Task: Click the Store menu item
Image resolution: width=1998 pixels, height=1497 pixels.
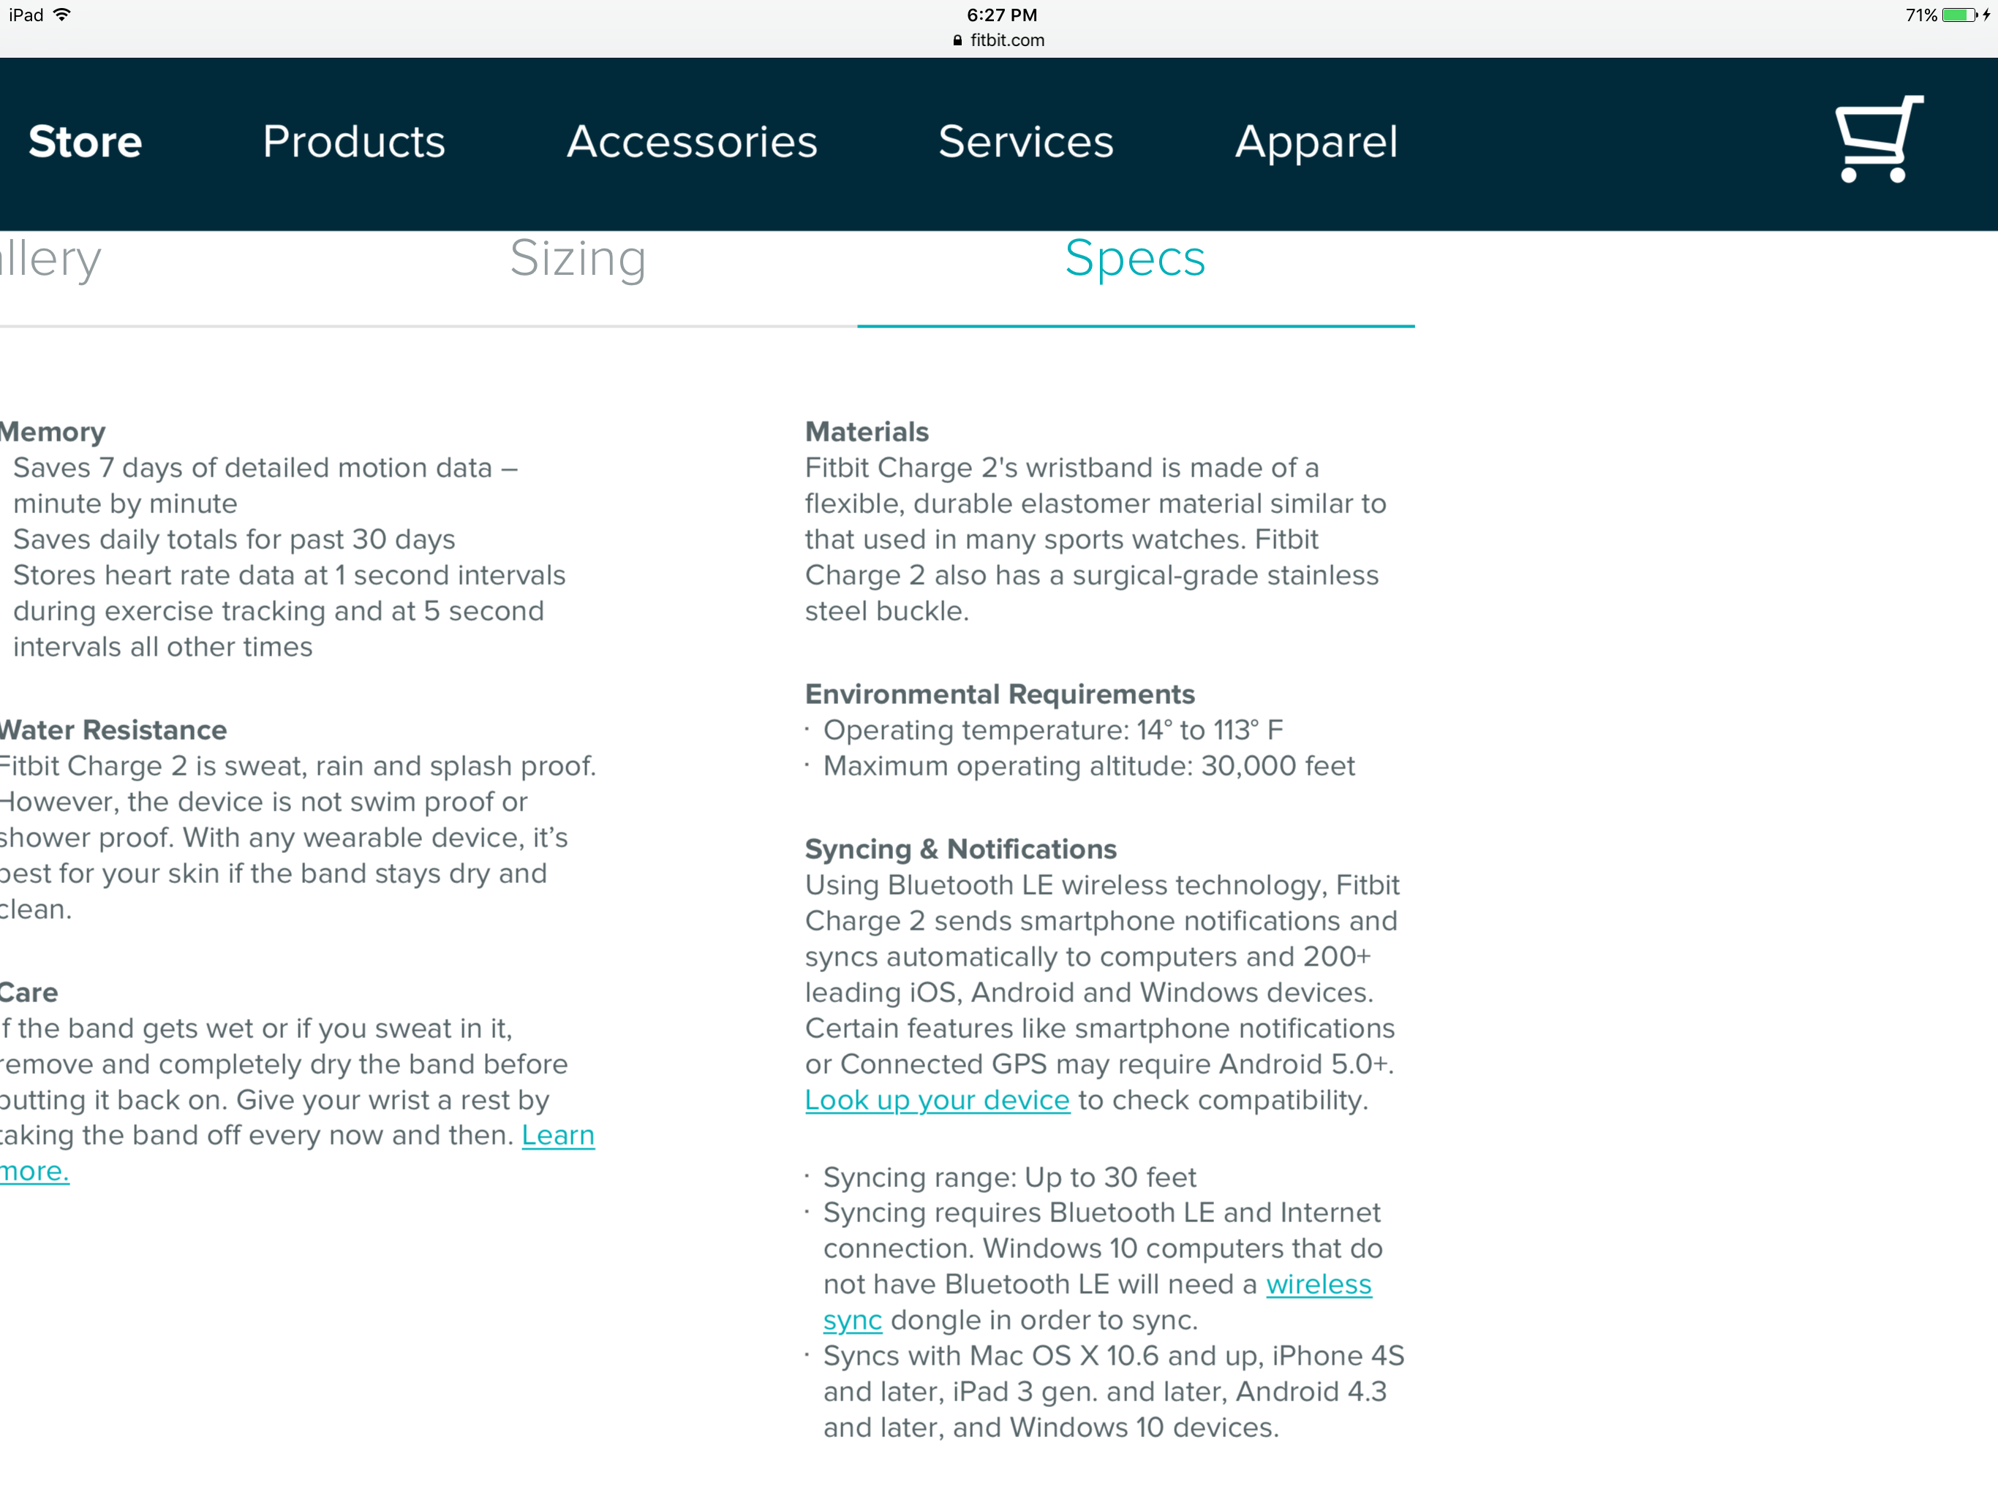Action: [x=85, y=142]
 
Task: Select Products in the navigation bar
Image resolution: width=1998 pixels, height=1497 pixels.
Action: [x=354, y=142]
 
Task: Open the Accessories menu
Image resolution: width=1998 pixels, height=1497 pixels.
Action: [x=692, y=142]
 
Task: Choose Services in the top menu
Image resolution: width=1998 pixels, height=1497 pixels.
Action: [x=1026, y=142]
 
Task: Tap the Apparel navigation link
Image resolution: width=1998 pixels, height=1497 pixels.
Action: [x=1316, y=142]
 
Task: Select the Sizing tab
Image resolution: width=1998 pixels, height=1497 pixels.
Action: [x=578, y=259]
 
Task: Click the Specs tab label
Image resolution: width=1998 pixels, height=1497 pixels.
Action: [x=1134, y=259]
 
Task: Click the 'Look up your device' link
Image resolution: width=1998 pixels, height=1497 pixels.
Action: [x=937, y=1100]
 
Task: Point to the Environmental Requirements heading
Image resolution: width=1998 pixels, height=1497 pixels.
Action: [x=999, y=694]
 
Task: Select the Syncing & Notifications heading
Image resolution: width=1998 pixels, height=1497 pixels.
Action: [x=960, y=849]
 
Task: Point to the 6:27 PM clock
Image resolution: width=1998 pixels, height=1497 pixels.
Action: [x=1000, y=15]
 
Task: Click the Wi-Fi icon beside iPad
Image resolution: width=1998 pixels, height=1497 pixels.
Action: [x=62, y=15]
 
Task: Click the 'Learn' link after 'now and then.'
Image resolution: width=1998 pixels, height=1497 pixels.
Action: [x=558, y=1135]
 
